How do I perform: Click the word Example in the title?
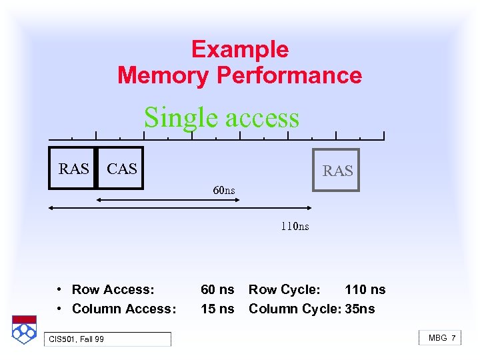239,49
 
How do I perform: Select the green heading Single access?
221,117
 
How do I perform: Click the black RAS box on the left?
73,169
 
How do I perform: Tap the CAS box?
121,169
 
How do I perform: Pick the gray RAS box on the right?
337,171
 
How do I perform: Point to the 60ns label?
224,191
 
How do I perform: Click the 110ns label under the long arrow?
294,227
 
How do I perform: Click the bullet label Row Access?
113,289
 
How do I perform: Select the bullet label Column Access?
124,309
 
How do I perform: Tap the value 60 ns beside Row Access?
217,289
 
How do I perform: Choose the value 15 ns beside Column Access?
217,309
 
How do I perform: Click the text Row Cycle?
284,289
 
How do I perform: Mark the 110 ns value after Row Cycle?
365,289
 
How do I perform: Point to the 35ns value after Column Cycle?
360,309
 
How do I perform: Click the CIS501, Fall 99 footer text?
76,339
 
